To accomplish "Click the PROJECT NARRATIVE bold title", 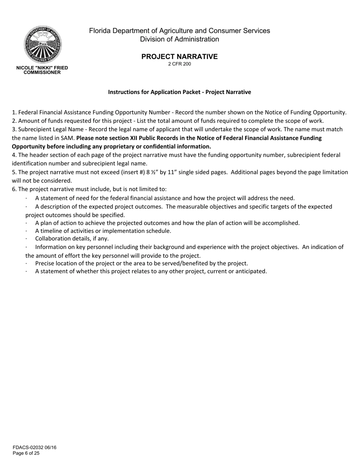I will click(179, 56).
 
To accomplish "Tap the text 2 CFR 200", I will click(179, 64).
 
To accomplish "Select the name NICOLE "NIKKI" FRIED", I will click(42, 68).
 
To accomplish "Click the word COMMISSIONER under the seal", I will click(42, 72).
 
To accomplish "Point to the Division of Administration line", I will click(179, 39).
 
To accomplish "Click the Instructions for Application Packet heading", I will click(179, 92).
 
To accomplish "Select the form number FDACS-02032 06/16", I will click(34, 447).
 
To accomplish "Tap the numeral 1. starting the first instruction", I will click(14, 112).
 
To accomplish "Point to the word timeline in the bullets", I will click(52, 231).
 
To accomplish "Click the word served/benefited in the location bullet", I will click(190, 263).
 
